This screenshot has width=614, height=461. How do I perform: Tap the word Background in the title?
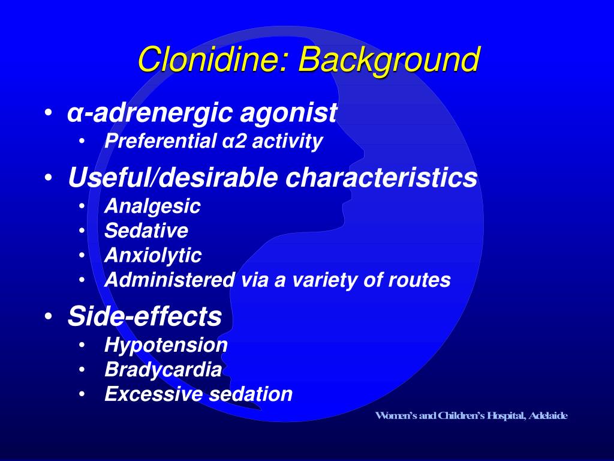[x=389, y=61]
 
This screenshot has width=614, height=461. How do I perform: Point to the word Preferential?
[x=159, y=142]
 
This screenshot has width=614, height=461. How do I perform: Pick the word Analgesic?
[x=152, y=206]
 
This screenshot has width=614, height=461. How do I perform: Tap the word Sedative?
[x=146, y=230]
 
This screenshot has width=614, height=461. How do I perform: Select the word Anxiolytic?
[x=153, y=256]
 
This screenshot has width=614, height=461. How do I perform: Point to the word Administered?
[x=170, y=280]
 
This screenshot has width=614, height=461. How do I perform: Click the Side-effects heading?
[x=145, y=316]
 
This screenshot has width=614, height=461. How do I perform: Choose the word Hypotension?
[x=166, y=345]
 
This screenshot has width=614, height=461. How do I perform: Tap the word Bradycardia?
[x=163, y=370]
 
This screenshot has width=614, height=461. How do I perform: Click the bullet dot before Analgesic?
[x=82, y=207]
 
